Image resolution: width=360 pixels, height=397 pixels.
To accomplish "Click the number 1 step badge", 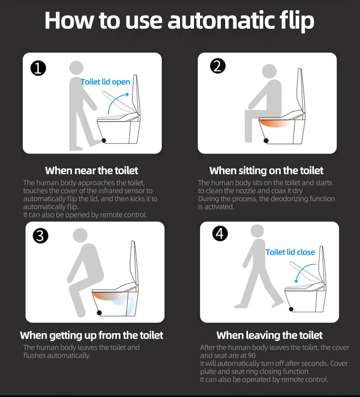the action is click(38, 68).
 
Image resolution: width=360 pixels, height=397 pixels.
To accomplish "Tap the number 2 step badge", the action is click(218, 66).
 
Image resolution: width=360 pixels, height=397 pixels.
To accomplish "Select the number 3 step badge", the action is click(40, 236).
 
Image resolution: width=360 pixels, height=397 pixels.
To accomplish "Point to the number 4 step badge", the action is click(220, 233).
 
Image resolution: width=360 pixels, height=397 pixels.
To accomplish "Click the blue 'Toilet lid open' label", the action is click(105, 82).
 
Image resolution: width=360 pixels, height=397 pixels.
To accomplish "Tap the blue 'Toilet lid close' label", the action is click(290, 252).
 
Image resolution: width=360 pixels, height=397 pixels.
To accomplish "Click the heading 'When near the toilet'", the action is click(92, 171).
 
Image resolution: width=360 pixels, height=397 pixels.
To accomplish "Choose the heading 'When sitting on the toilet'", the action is click(266, 171).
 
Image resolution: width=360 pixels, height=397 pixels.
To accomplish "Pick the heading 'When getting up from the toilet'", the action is click(92, 335).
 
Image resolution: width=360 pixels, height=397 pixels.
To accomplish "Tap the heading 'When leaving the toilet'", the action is click(270, 335).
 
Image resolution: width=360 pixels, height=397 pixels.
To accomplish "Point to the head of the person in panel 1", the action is click(76, 68).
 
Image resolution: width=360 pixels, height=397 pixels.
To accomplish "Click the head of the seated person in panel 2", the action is click(269, 71).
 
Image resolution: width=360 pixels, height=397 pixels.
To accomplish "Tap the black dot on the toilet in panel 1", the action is click(104, 140).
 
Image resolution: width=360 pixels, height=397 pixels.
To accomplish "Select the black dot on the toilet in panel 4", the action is click(291, 309).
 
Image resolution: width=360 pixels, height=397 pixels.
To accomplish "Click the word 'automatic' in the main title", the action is click(221, 20).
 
